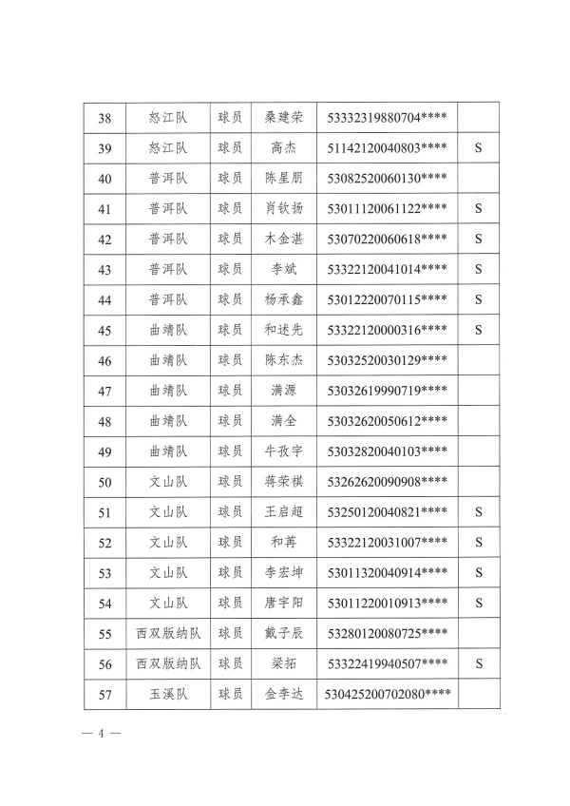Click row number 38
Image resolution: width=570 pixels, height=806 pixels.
click(x=105, y=119)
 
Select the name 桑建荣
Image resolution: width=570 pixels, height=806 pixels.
click(x=284, y=119)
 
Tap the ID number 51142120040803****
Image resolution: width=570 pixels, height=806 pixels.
click(x=387, y=148)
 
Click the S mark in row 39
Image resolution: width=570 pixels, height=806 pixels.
click(x=479, y=148)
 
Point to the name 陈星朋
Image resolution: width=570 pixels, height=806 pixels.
click(x=284, y=178)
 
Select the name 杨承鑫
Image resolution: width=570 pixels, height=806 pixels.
click(x=284, y=299)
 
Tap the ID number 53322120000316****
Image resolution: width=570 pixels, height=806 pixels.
click(x=387, y=330)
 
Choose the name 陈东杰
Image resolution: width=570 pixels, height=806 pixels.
click(x=284, y=360)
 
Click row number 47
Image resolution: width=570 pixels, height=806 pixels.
click(x=105, y=391)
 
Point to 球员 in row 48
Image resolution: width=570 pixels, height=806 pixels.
click(x=230, y=421)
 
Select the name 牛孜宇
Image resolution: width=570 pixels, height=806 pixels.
click(x=284, y=451)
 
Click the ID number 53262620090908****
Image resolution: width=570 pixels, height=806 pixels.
click(x=387, y=482)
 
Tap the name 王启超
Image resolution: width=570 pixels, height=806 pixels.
click(x=284, y=512)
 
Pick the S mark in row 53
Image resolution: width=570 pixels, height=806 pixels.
click(x=479, y=572)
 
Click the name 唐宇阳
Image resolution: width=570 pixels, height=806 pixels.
click(x=284, y=603)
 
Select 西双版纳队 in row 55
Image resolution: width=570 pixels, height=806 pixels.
click(x=168, y=633)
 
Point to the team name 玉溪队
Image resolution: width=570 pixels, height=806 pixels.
click(x=168, y=695)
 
